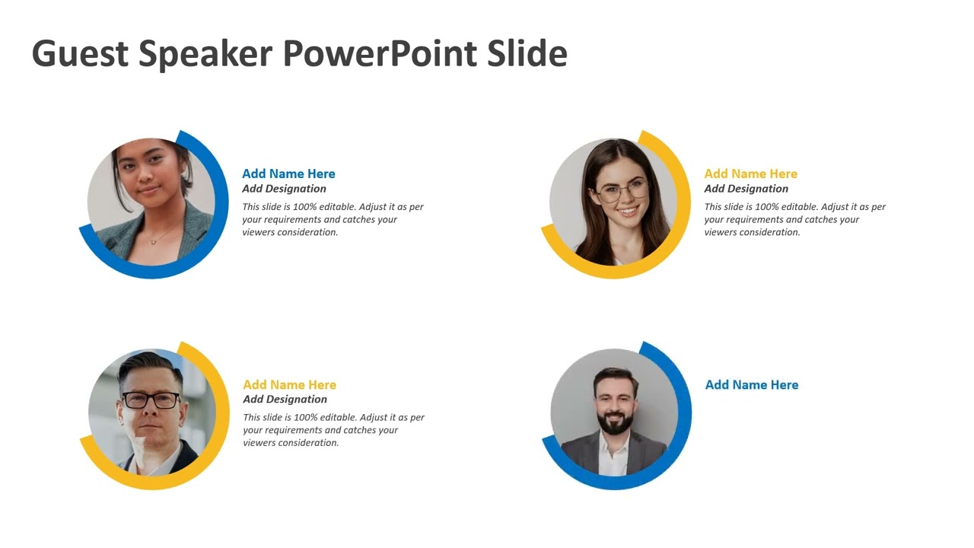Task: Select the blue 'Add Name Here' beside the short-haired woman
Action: point(288,174)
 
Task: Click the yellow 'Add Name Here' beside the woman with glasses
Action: point(750,174)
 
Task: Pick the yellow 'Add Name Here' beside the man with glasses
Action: point(289,384)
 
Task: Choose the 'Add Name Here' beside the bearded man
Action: point(751,384)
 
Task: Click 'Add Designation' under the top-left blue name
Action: point(284,189)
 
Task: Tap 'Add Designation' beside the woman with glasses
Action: point(746,189)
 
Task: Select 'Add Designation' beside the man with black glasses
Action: point(285,399)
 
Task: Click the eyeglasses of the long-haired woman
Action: point(620,192)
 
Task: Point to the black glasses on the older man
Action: point(151,400)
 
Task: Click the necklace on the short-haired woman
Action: point(154,241)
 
